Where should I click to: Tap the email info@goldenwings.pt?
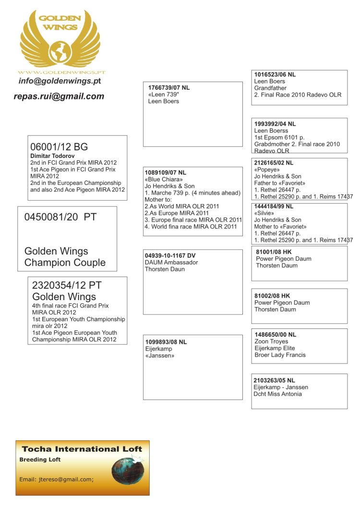[60, 81]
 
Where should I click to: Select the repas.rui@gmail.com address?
[59, 97]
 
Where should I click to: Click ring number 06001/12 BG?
[59, 147]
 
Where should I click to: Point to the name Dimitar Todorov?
[52, 156]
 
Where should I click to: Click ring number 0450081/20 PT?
[60, 217]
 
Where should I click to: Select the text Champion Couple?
[65, 263]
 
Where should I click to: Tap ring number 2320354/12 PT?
[67, 285]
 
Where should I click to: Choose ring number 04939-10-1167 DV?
[170, 255]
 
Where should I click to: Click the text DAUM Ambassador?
[171, 263]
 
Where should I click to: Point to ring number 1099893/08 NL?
[166, 342]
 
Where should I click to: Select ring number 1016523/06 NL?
[275, 74]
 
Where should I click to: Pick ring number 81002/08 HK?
[272, 296]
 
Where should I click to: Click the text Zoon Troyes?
[272, 341]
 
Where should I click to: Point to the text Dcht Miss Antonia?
[278, 394]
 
